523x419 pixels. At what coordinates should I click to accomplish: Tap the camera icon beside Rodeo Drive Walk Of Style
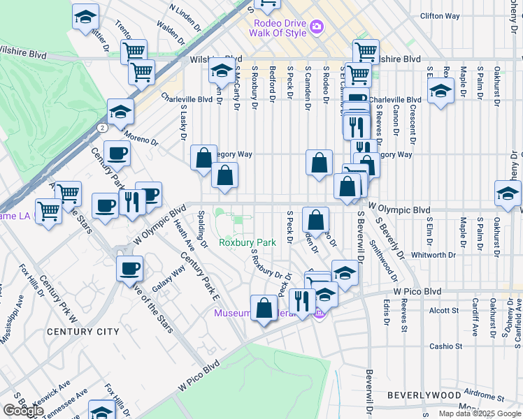click(317, 27)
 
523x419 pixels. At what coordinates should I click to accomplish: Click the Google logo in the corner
click(23, 411)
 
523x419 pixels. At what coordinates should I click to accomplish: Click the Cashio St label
click(446, 346)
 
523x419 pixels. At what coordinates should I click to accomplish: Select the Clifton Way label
click(439, 15)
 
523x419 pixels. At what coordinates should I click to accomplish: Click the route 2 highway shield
click(103, 128)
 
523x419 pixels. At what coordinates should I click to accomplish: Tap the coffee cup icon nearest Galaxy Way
click(130, 269)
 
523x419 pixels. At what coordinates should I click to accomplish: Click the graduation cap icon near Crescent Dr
click(440, 91)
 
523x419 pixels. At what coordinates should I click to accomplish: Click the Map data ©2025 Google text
click(480, 413)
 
